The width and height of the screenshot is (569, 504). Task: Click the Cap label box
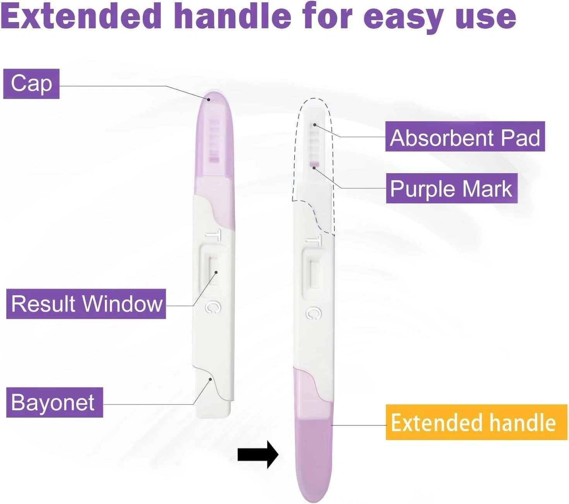click(x=31, y=84)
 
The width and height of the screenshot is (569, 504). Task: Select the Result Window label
click(x=86, y=304)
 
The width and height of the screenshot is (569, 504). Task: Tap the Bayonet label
click(x=55, y=402)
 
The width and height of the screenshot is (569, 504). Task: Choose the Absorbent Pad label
click(x=465, y=137)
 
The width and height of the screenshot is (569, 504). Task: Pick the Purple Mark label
click(x=452, y=188)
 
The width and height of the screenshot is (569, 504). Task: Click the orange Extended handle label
click(x=476, y=422)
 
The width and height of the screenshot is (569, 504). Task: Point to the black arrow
click(x=258, y=454)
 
